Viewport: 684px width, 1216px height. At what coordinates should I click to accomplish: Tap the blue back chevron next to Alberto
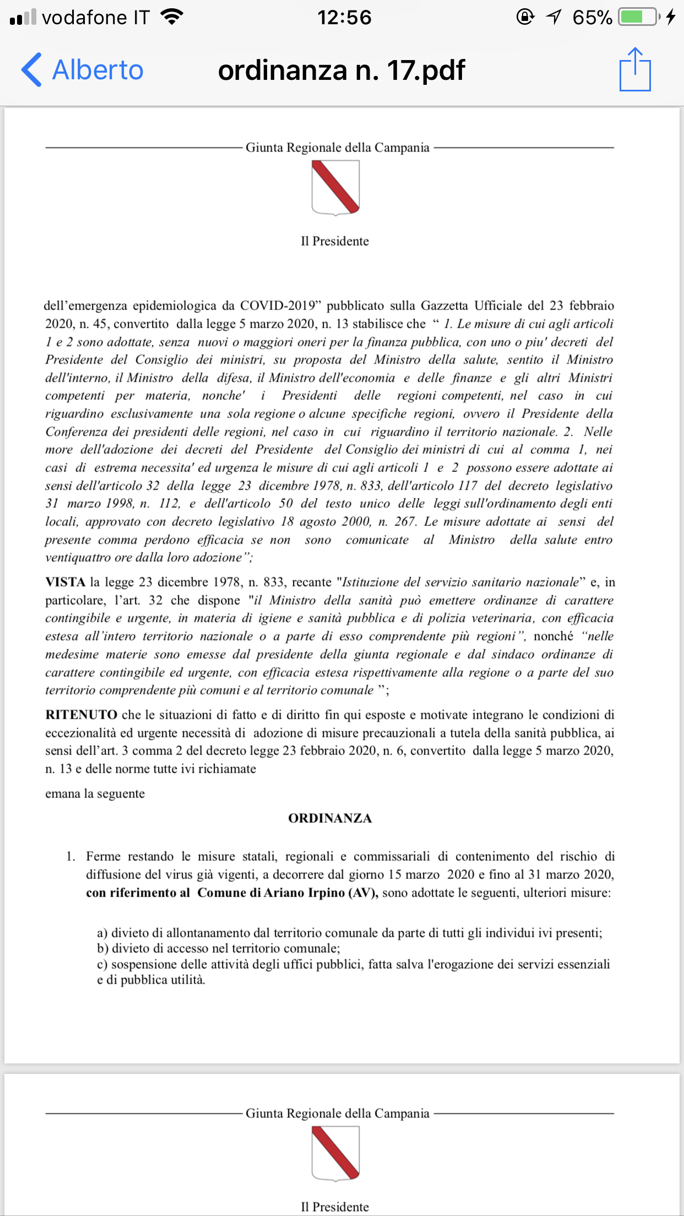31,70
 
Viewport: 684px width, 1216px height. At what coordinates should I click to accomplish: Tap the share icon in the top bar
635,69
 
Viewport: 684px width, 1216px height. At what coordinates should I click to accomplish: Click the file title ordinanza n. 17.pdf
341,70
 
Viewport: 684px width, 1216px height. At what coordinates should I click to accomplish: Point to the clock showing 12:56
344,18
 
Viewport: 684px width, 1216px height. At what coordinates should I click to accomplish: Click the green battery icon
638,17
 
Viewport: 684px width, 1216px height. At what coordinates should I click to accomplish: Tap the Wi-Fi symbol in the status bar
172,17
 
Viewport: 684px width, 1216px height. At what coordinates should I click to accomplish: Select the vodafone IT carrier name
96,18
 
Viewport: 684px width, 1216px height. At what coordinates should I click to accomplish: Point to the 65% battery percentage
592,18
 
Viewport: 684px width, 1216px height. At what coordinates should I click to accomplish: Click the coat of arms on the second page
335,1153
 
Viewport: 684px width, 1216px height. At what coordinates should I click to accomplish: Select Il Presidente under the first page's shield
335,241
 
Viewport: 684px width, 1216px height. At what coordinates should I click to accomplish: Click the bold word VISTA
65,582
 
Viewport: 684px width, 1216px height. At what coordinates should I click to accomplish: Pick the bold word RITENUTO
81,715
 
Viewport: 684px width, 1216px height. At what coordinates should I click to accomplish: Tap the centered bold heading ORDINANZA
330,818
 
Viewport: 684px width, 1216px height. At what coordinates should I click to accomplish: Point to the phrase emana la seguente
95,794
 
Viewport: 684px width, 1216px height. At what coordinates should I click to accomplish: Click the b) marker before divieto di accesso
103,948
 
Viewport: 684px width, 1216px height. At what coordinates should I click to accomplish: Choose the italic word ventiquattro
78,557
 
